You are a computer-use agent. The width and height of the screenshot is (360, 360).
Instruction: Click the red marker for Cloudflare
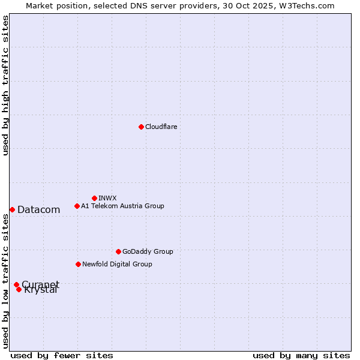[141, 127]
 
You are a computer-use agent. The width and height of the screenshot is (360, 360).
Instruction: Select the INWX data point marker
[94, 198]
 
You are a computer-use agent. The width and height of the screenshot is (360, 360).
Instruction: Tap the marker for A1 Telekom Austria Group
[77, 206]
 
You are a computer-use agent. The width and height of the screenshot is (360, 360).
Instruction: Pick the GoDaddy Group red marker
[118, 251]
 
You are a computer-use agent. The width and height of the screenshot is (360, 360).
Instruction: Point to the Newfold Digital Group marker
[78, 264]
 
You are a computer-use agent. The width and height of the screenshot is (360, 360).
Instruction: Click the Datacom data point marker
[12, 209]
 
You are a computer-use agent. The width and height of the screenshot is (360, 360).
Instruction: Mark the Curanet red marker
[16, 284]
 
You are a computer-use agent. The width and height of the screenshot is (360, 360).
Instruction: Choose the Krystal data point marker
[19, 289]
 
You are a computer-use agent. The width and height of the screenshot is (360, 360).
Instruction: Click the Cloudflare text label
[161, 127]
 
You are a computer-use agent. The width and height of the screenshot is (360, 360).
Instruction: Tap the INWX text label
[107, 198]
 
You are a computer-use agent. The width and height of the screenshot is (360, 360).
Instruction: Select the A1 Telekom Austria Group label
[122, 206]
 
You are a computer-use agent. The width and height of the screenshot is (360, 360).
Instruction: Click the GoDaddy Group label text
[148, 251]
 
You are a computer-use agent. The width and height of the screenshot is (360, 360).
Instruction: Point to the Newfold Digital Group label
[117, 264]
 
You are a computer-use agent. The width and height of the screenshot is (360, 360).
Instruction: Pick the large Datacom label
[39, 209]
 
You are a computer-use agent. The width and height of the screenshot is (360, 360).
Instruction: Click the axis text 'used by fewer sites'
[62, 355]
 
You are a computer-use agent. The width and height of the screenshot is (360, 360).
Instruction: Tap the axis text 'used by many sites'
[301, 355]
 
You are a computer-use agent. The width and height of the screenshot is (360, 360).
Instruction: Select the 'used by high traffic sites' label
[5, 85]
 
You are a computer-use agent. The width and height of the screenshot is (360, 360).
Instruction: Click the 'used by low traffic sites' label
[5, 281]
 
